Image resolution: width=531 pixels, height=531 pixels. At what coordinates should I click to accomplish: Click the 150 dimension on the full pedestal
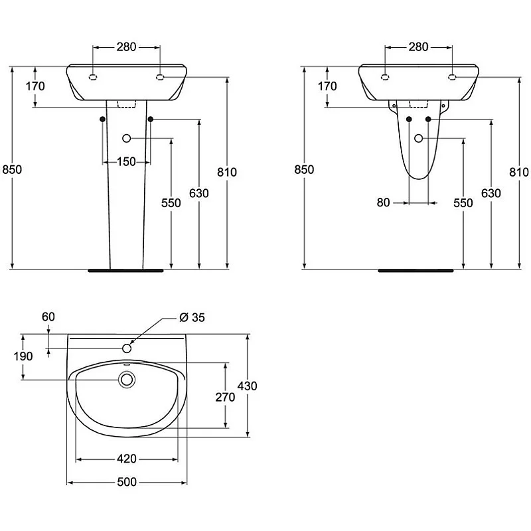click(127, 162)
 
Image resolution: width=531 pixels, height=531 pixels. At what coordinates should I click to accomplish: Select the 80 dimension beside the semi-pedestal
click(383, 202)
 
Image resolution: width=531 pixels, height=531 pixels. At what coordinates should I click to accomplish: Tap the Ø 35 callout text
click(192, 317)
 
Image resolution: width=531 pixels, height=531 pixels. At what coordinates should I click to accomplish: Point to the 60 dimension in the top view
click(48, 317)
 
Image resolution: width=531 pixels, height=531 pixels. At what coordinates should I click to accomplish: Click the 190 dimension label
click(23, 356)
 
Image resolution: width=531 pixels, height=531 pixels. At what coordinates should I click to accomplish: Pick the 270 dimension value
click(226, 397)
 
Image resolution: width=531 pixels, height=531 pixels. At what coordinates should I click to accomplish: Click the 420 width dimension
click(127, 459)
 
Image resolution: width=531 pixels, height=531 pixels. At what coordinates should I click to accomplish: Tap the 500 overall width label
click(127, 483)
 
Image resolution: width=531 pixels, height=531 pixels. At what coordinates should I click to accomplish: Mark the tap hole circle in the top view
click(127, 347)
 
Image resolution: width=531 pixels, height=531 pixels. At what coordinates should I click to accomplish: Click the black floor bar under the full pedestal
click(127, 270)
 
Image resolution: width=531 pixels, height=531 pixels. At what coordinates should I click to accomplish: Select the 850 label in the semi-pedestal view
click(304, 169)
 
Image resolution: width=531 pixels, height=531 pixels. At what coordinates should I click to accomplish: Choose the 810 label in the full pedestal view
click(227, 172)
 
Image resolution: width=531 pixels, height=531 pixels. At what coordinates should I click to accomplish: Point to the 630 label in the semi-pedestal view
click(491, 193)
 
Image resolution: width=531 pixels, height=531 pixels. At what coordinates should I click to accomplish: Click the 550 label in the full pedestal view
click(171, 203)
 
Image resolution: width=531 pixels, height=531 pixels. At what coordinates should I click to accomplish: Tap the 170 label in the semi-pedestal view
click(327, 86)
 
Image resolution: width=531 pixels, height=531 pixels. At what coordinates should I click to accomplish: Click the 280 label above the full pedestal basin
click(126, 46)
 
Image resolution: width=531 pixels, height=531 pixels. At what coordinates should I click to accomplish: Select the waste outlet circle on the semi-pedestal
click(419, 138)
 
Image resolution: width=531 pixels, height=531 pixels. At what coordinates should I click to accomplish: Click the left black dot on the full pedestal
click(102, 119)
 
